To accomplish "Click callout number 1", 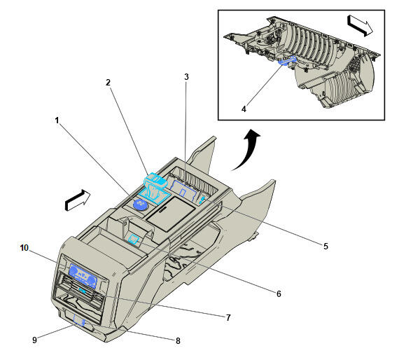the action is tap(57, 120).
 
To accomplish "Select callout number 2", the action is tap(108, 83).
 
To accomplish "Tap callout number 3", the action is tap(186, 77).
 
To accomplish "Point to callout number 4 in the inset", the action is tap(244, 109).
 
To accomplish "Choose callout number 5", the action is tap(325, 246).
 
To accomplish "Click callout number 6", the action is tap(279, 293).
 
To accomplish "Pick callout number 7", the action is tap(228, 317).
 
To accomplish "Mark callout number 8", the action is tap(178, 341).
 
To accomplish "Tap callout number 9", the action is tap(34, 340).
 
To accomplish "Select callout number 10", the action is tap(24, 248).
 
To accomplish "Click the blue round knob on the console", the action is tap(140, 205).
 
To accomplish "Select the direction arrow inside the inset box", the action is tap(360, 26).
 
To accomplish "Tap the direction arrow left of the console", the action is tap(78, 200).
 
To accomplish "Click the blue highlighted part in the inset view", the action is tap(287, 60).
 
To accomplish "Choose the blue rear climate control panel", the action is tap(83, 276).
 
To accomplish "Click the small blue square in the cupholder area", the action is tap(134, 238).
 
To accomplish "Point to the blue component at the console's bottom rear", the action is tap(80, 320).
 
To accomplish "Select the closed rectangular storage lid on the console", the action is tap(170, 214).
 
